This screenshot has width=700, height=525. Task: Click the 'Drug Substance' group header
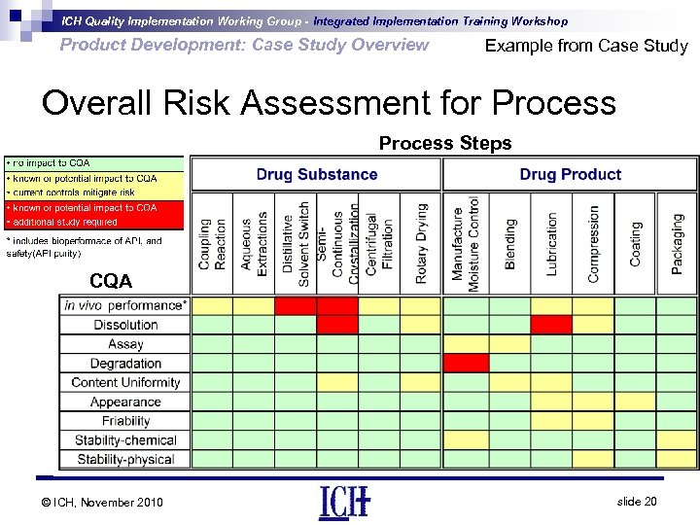[317, 175]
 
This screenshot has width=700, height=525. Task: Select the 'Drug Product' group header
[570, 175]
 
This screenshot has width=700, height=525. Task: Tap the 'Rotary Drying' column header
[421, 243]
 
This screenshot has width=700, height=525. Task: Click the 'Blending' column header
[510, 243]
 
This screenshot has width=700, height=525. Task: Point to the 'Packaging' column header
[678, 243]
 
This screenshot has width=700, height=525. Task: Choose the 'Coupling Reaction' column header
[212, 243]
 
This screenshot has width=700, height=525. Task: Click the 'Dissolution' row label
[125, 325]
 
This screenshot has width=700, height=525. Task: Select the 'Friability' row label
[125, 421]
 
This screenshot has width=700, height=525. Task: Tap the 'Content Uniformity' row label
[125, 382]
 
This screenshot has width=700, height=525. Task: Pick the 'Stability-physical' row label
[125, 459]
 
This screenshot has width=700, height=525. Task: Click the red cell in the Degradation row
[466, 363]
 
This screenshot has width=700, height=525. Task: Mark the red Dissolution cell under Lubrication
[551, 325]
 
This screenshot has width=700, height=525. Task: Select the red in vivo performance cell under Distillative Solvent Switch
[296, 305]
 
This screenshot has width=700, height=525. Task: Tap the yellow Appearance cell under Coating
[635, 402]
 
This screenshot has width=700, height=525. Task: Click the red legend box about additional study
[93, 214]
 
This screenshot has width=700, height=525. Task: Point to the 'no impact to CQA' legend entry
[93, 163]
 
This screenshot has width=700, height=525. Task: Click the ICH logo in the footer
[344, 502]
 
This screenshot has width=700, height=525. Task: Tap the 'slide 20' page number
[637, 501]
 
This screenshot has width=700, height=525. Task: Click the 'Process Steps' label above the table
[444, 144]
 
